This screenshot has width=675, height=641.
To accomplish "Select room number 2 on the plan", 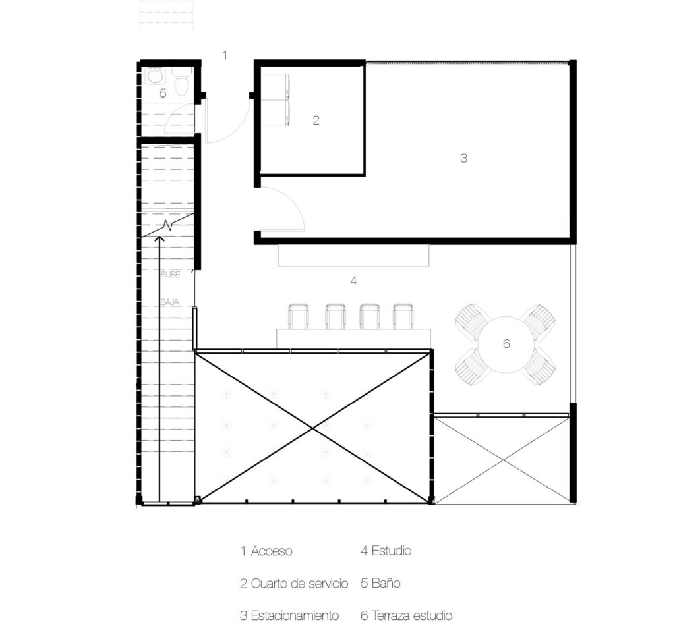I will pyautogui.click(x=316, y=121).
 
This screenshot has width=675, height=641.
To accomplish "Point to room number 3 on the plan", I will pyautogui.click(x=463, y=158).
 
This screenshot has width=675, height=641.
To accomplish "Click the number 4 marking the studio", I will pyautogui.click(x=353, y=281).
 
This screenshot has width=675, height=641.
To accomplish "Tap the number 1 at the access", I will pyautogui.click(x=225, y=55).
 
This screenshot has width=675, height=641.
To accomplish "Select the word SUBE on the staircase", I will pyautogui.click(x=169, y=274).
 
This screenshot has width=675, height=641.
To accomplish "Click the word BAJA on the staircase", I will pyautogui.click(x=169, y=302).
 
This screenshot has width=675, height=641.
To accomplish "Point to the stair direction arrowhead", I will pyautogui.click(x=160, y=238).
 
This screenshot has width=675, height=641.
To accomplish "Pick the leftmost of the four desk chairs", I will pyautogui.click(x=299, y=316).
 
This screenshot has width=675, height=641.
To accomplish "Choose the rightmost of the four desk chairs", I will pyautogui.click(x=403, y=316).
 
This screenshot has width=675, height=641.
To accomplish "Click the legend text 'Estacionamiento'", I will pyautogui.click(x=295, y=616).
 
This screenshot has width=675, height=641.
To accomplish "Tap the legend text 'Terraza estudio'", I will pyautogui.click(x=412, y=616).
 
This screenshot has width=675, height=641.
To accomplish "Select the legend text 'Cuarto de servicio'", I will pyautogui.click(x=299, y=583).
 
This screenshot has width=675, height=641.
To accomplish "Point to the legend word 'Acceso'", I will pyautogui.click(x=272, y=551).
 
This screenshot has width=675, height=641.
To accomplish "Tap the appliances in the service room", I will pyautogui.click(x=276, y=97).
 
